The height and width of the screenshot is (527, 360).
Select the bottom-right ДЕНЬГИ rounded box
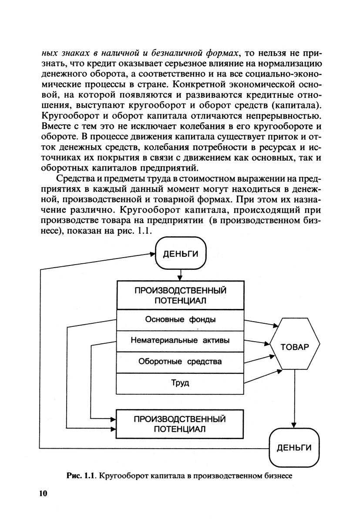tap(294, 448)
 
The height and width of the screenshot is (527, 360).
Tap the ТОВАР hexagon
tap(295, 347)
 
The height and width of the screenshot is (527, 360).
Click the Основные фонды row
tap(180, 320)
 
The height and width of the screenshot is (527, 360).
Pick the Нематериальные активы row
tap(180, 341)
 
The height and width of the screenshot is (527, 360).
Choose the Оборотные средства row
tap(180, 362)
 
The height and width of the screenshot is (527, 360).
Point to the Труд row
tap(180, 383)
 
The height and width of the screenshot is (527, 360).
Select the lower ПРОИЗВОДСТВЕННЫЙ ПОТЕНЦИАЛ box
tap(180, 424)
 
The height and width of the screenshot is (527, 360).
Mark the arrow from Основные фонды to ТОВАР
tap(260, 323)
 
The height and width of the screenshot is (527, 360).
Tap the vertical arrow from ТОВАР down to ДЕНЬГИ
tap(295, 398)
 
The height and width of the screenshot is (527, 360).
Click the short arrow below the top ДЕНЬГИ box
tap(180, 275)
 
